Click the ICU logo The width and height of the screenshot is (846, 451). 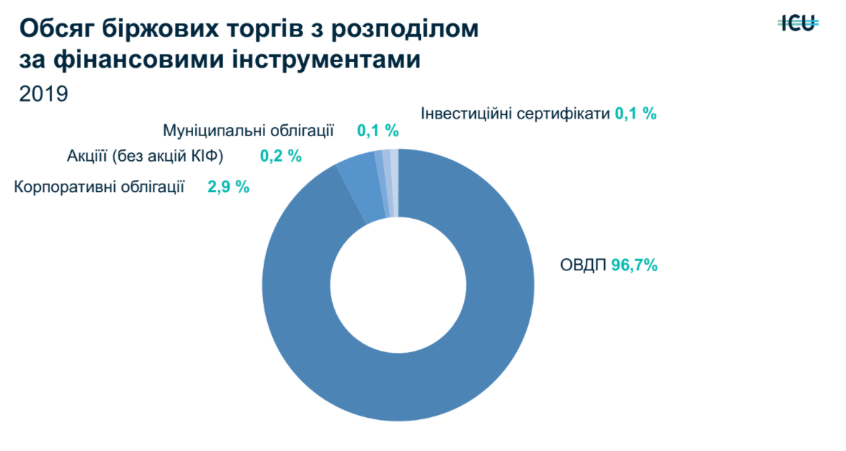[798, 23]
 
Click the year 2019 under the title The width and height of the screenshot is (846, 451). [44, 94]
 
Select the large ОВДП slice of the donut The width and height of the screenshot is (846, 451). [451, 353]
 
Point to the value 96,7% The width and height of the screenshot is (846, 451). [634, 265]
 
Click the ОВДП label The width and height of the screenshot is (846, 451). [583, 265]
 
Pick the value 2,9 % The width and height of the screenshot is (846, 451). [228, 187]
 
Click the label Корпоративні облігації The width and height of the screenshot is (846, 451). [99, 187]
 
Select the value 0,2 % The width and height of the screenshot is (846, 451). [281, 156]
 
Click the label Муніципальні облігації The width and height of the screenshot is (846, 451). [248, 131]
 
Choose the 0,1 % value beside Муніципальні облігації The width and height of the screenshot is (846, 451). [378, 131]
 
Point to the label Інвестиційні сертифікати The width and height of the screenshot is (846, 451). [515, 113]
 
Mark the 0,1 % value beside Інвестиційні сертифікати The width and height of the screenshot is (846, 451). [636, 113]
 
